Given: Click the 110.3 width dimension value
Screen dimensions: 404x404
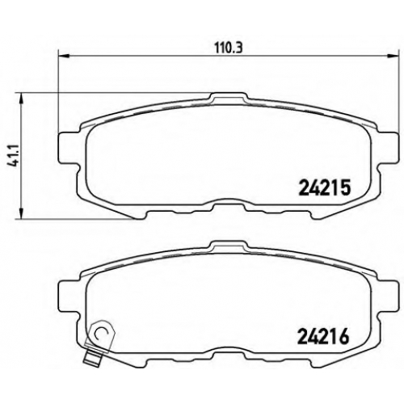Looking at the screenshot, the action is (229, 48).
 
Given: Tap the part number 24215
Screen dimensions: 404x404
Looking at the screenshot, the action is (324, 187).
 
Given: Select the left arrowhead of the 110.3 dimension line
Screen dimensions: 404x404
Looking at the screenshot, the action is (64, 56).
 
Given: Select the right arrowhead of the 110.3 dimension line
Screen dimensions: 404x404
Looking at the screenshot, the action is (393, 56).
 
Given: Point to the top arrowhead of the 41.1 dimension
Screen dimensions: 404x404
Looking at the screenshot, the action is (21, 99).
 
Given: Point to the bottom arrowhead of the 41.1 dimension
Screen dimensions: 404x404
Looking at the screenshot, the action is (21, 213).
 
